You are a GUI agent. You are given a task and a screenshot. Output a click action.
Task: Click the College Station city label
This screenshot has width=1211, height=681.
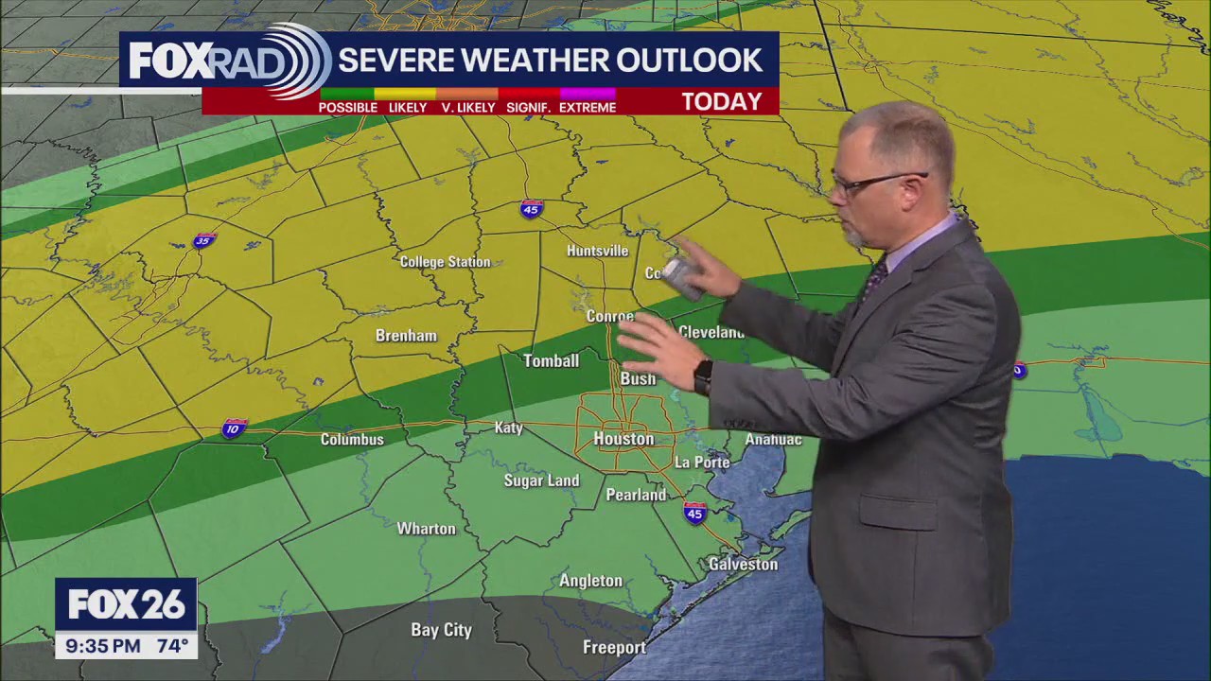[x=445, y=262]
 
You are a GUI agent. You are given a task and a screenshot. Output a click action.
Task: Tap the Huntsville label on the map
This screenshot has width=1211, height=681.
[x=597, y=251]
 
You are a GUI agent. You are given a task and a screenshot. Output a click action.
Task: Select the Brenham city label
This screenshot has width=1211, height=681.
[x=406, y=336]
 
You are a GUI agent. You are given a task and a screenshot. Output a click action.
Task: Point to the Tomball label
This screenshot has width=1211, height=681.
[x=552, y=360]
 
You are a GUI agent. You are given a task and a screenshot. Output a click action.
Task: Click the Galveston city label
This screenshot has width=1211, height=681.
[x=743, y=565]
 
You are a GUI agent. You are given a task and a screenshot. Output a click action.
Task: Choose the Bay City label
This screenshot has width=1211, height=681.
[x=441, y=630]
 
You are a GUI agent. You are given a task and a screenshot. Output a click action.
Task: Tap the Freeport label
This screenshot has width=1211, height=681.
[x=614, y=648]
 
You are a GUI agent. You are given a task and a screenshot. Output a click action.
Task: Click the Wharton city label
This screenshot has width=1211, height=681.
[x=426, y=529]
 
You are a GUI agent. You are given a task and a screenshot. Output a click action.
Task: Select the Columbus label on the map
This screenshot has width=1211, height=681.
[x=352, y=440]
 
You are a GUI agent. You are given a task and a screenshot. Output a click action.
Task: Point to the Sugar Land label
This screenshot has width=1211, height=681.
[x=541, y=480]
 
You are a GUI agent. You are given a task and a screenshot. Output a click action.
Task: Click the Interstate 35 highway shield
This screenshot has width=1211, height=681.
[x=203, y=240]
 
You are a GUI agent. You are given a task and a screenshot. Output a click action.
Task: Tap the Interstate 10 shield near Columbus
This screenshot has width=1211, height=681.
[x=234, y=429]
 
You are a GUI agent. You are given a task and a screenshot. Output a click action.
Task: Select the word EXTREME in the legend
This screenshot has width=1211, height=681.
[x=588, y=108]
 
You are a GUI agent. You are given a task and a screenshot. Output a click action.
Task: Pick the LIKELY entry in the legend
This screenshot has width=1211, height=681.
[x=408, y=108]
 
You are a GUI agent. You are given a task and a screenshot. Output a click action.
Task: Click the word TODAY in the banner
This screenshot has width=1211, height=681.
[x=722, y=102]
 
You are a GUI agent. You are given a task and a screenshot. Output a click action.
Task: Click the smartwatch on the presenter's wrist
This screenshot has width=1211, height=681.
[x=703, y=377]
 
